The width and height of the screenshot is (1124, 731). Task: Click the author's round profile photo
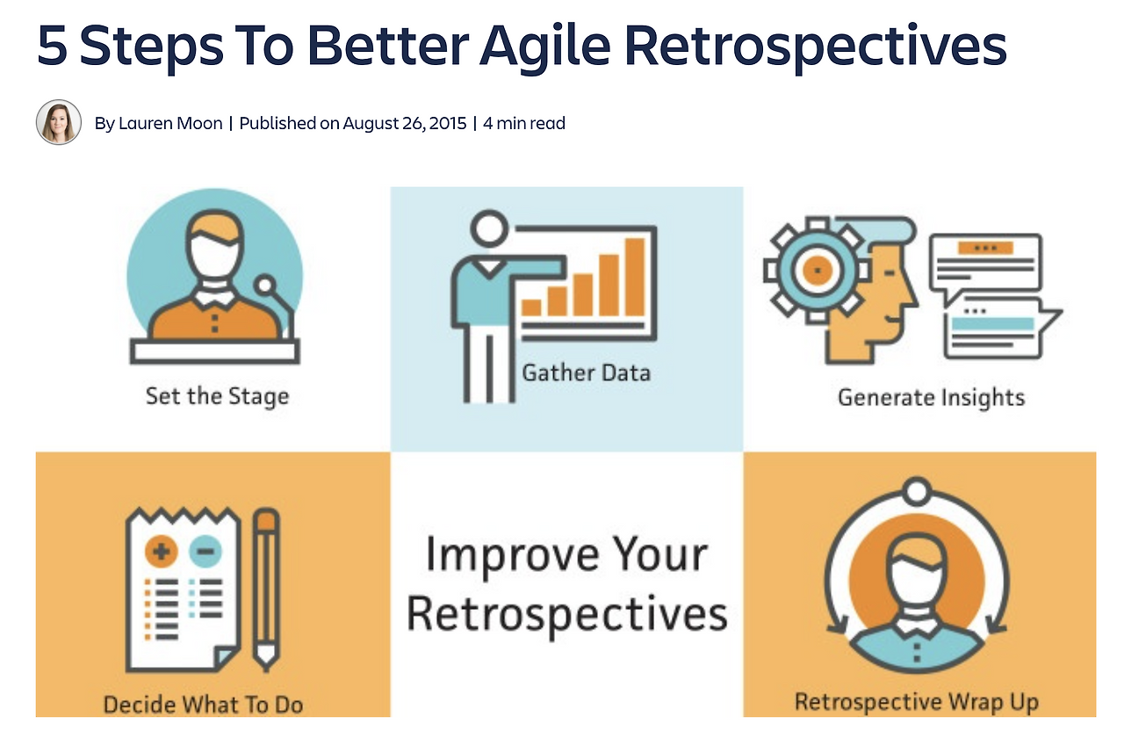59,122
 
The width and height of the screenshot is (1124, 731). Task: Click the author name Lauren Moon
170,123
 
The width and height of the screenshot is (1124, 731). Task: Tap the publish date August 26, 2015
405,123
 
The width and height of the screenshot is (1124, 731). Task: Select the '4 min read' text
524,123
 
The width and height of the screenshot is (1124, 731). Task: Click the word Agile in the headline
545,47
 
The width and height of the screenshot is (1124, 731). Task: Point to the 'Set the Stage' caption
217,396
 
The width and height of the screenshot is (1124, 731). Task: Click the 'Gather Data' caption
586,373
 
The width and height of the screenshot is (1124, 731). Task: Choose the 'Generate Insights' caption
932,398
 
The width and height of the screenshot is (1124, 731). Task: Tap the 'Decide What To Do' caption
203,705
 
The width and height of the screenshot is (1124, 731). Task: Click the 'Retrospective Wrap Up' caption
917,702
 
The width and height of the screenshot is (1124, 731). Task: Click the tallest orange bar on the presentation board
635,277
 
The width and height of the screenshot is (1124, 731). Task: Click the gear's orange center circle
818,271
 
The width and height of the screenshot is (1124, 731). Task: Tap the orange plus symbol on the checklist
161,551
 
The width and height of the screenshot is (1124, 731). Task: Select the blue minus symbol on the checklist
205,551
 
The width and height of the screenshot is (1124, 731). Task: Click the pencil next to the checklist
266,590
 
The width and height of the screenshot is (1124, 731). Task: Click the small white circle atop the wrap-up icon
917,491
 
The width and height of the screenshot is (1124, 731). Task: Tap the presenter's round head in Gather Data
489,228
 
